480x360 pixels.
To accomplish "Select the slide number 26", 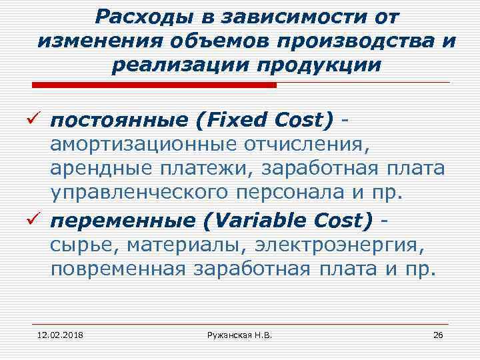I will coord(438,333).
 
